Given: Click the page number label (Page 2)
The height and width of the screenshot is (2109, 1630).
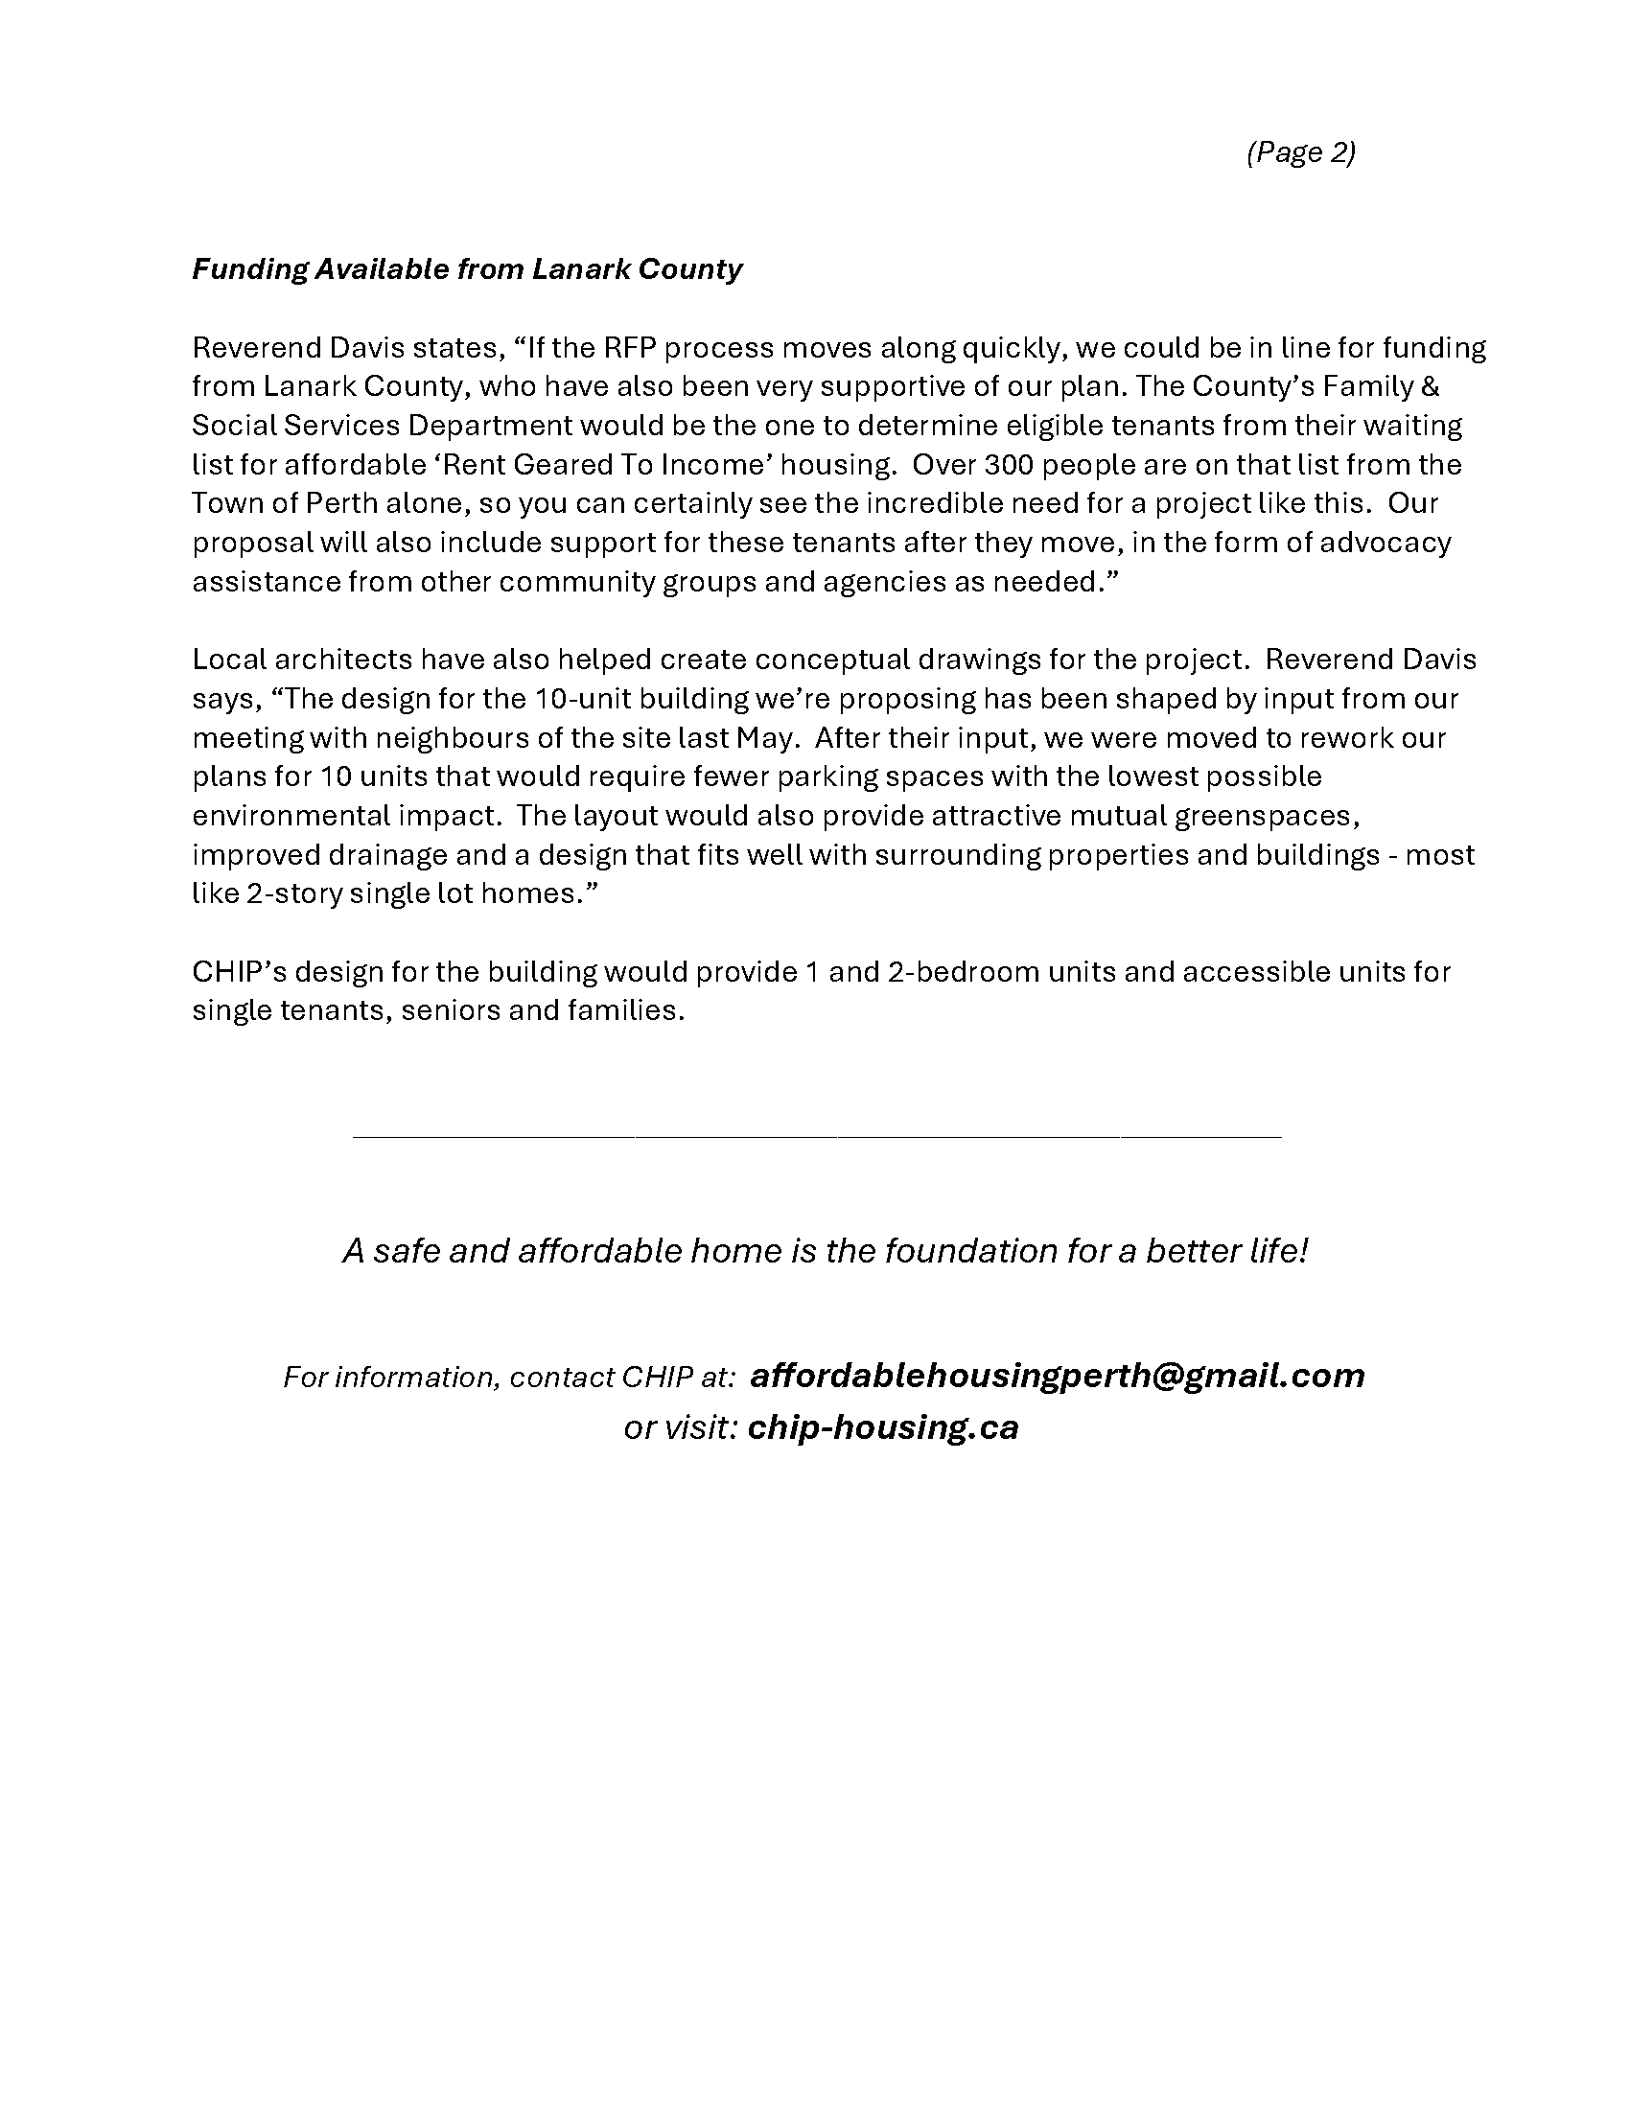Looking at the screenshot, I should [1300, 152].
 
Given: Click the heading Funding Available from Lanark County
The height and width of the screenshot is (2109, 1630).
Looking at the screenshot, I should [466, 269].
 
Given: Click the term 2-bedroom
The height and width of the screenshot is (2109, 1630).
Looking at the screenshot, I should [962, 971].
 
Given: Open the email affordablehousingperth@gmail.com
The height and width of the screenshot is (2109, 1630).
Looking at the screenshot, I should [1057, 1375].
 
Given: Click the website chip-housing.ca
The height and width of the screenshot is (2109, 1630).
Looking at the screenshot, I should [882, 1427].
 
